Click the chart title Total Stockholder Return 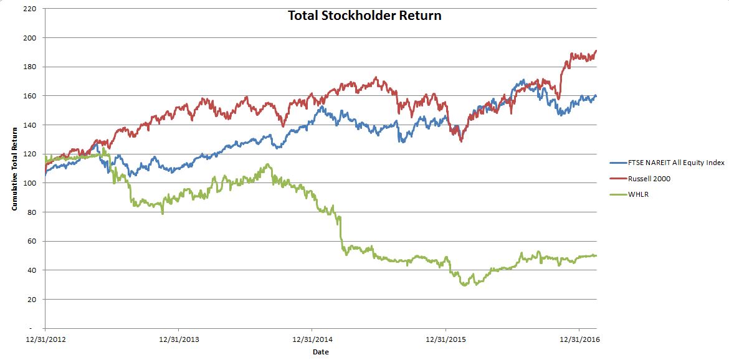(364, 16)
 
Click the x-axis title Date (320, 352)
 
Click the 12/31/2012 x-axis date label (45, 339)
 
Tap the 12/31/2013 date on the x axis (178, 339)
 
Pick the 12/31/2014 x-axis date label (312, 339)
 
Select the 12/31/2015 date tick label (445, 339)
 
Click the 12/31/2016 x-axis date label (579, 339)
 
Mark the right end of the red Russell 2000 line (596, 51)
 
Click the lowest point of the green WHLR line (464, 285)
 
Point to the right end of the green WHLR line (596, 255)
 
